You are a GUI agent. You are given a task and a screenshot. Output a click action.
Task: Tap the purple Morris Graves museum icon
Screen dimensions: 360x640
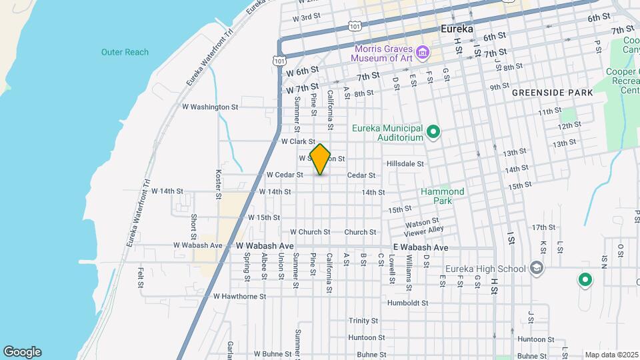click(x=421, y=53)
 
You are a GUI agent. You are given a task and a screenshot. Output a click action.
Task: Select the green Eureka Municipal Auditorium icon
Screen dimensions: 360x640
click(x=433, y=132)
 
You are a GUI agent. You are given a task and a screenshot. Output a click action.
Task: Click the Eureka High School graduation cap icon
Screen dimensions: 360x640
click(x=537, y=269)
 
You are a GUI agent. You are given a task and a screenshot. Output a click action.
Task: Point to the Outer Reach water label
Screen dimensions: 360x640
click(x=125, y=52)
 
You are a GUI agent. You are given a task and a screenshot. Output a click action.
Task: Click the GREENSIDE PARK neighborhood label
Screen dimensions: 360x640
click(x=553, y=93)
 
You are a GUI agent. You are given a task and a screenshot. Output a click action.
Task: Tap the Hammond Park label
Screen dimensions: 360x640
click(x=442, y=196)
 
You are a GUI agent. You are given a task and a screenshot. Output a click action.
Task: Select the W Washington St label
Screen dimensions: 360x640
click(x=210, y=107)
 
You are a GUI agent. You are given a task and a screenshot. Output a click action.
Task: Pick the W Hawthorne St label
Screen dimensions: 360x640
click(x=239, y=296)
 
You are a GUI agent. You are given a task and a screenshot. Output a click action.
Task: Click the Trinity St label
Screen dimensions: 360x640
click(x=363, y=321)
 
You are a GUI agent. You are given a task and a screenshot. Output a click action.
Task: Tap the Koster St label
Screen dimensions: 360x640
click(x=218, y=183)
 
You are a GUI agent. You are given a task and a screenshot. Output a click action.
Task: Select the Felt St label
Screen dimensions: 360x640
click(x=141, y=277)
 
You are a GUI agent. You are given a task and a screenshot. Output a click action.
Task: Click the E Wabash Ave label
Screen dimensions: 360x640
click(x=421, y=247)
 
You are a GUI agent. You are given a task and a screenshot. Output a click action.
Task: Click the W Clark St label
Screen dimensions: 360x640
click(x=297, y=141)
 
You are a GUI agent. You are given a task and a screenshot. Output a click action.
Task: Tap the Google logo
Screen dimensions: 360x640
click(x=22, y=352)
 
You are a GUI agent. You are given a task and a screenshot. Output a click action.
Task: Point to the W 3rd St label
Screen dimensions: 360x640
click(x=311, y=17)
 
